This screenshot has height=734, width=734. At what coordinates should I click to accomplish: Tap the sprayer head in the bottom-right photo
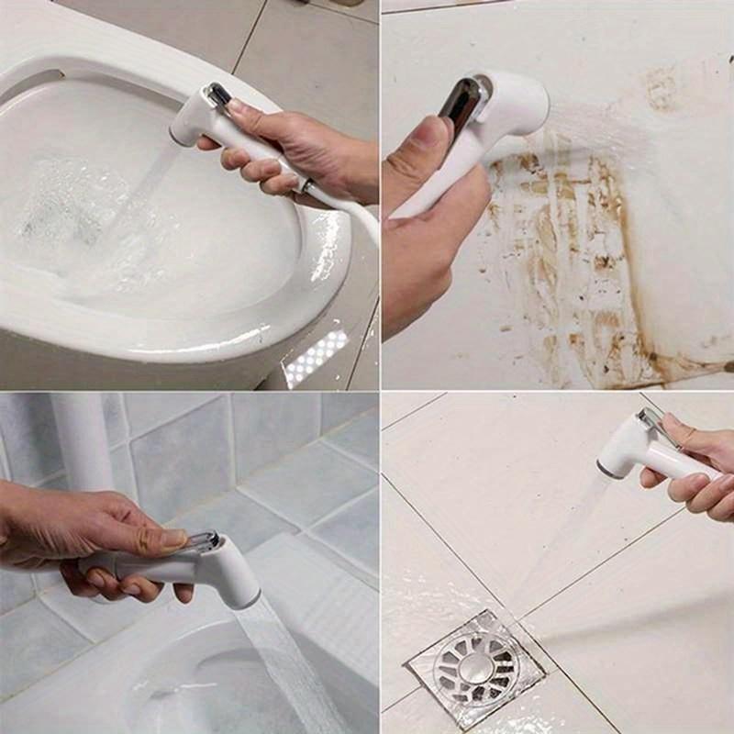[x=624, y=450]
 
